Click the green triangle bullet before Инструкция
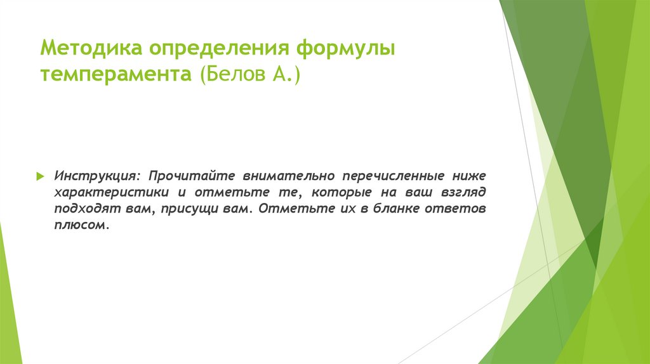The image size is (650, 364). tap(39, 174)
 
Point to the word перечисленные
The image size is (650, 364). tap(392, 174)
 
